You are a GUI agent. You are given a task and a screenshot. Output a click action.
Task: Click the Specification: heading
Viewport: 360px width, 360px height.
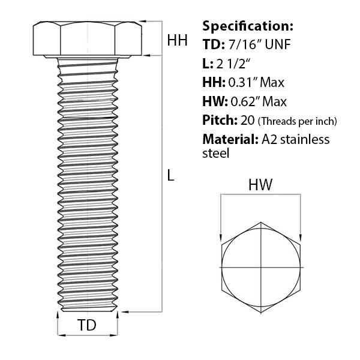248,26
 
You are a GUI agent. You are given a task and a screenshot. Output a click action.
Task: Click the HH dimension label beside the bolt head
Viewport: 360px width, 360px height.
177,40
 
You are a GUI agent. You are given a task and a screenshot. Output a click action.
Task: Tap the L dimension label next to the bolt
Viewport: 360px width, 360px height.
170,176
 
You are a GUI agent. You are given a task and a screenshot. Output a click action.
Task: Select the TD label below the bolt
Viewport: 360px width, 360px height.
87,325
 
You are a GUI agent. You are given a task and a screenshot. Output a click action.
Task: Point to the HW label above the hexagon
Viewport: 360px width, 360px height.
260,185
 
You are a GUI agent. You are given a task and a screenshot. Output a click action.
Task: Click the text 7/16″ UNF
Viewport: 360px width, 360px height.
259,44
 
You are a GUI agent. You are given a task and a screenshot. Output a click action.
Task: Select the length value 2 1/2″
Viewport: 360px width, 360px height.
233,64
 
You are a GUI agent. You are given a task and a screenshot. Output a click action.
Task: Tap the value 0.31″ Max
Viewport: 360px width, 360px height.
256,82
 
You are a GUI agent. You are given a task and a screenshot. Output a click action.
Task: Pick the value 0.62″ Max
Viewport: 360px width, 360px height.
259,101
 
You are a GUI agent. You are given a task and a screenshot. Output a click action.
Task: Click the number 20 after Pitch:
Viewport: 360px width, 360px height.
247,120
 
